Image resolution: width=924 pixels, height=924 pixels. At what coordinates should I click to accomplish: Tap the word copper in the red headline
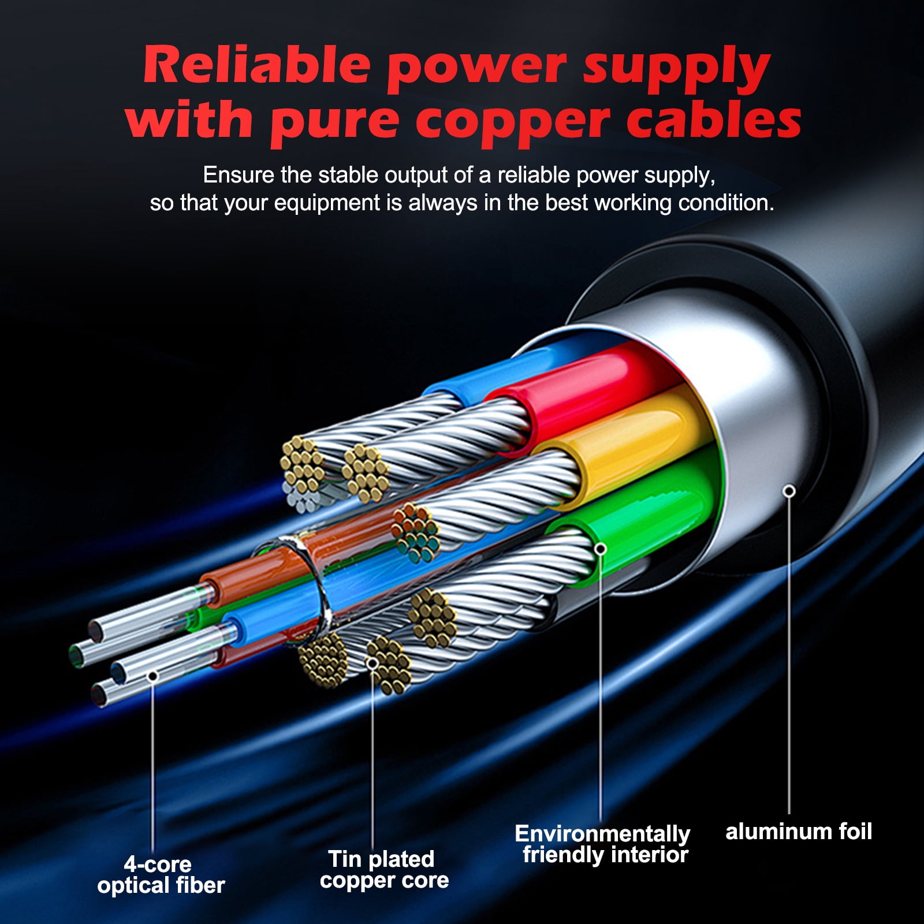point(513,121)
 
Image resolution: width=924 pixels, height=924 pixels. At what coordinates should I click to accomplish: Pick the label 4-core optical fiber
point(161,874)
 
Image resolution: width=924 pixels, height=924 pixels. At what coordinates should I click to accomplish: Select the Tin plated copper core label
point(384,870)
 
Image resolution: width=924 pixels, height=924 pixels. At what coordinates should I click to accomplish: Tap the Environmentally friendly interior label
point(602,844)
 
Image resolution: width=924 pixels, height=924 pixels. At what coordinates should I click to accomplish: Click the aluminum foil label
point(799,832)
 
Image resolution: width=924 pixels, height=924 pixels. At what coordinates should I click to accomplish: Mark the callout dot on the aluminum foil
point(789,491)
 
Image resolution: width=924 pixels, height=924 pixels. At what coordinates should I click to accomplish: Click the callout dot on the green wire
point(601,548)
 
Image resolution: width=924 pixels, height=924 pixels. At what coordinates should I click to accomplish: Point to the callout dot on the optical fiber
point(152,676)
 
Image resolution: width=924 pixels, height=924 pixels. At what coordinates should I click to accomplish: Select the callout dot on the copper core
point(373,663)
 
